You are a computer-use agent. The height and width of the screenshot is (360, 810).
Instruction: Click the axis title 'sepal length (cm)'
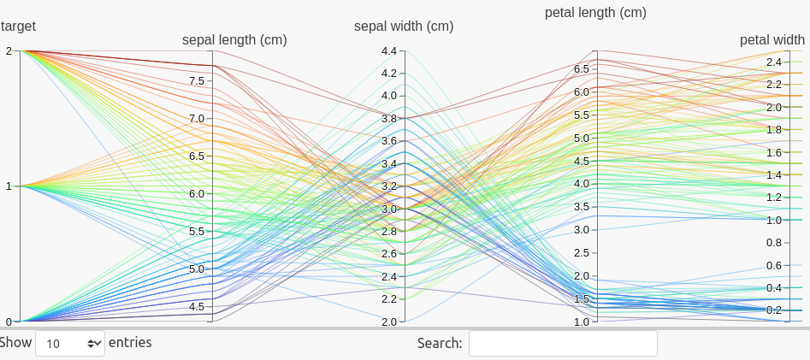pos(234,39)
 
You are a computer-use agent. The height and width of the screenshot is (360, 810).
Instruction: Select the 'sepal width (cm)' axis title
pos(404,27)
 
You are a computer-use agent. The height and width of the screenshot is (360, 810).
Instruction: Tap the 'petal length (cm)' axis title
pos(595,13)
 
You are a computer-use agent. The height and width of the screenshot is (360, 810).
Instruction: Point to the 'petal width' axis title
pos(772,39)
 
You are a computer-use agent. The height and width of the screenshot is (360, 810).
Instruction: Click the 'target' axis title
pos(18,27)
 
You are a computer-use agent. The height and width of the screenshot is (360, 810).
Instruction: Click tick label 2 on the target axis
pos(8,51)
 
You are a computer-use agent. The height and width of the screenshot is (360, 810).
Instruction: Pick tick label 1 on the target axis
pos(8,186)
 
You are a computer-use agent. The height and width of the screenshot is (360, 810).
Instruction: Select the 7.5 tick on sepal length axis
pos(196,81)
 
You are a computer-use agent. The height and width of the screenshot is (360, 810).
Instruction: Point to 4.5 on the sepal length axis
pos(196,307)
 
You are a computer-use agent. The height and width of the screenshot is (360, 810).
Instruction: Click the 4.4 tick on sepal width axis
pos(388,51)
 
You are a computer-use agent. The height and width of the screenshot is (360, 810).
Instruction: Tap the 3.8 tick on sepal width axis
pos(388,119)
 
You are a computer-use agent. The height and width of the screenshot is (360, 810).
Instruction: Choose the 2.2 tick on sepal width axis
pos(388,299)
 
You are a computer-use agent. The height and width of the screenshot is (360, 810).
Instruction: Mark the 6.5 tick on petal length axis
pos(581,69)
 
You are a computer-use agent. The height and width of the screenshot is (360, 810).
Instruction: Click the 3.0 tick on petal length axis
pos(581,230)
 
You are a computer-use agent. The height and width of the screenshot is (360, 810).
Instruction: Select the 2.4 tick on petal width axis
pos(773,62)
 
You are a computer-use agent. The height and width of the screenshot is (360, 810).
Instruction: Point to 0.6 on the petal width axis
pos(773,266)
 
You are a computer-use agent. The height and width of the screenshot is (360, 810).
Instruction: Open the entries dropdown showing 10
pos(70,343)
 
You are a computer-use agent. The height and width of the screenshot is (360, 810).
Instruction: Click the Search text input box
pos(563,343)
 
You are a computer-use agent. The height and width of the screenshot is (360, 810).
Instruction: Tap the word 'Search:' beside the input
pos(440,343)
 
